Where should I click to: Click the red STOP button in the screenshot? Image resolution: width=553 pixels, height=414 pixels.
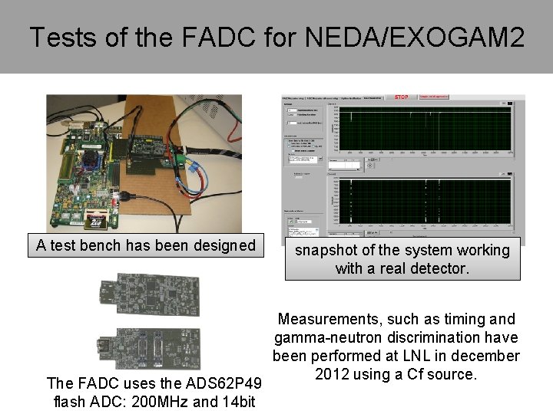click(x=401, y=97)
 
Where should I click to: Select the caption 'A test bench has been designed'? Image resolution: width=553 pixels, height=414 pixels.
click(x=146, y=245)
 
